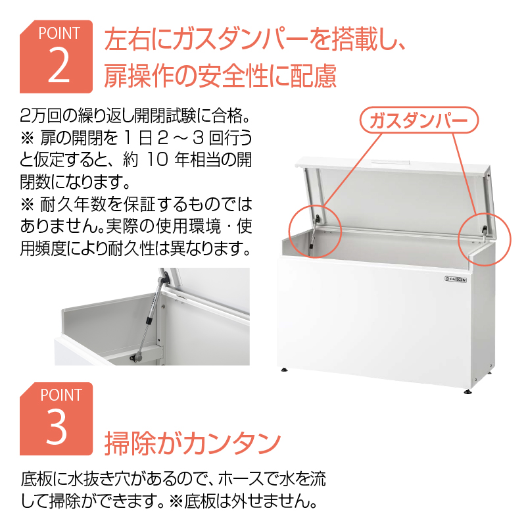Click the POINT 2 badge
pyautogui.click(x=56, y=57)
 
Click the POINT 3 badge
pyautogui.click(x=56, y=419)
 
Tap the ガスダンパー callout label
pyautogui.click(x=419, y=120)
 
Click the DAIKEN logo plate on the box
pyautogui.click(x=456, y=279)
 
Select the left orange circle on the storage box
pyautogui.click(x=290, y=232)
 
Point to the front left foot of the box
pyautogui.click(x=285, y=369)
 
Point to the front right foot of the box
pyautogui.click(x=467, y=391)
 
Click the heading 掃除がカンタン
pyautogui.click(x=193, y=443)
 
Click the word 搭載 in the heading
pyautogui.click(x=350, y=39)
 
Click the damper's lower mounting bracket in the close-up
pyautogui.click(x=137, y=356)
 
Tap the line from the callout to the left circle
pyautogui.click(x=353, y=169)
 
